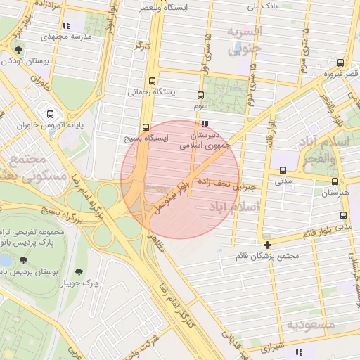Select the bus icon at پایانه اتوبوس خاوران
pyautogui.click(x=50, y=113)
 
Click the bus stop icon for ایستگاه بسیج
pyautogui.click(x=146, y=127)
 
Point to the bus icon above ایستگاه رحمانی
pyautogui.click(x=153, y=81)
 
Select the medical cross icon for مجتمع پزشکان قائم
pyautogui.click(x=268, y=245)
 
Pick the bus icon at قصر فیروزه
pyautogui.click(x=341, y=63)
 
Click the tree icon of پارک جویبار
pyautogui.click(x=78, y=271)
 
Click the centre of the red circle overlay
pyautogui.click(x=181, y=179)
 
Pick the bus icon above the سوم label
pyautogui.click(x=200, y=95)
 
